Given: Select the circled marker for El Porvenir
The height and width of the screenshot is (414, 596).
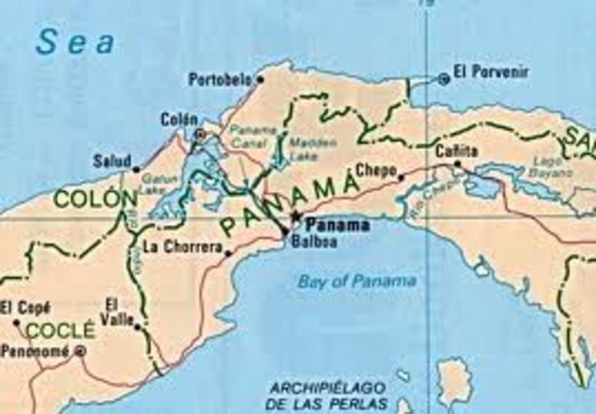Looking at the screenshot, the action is pos(443,79).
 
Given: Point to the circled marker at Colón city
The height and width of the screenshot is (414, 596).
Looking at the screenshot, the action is pos(198,135).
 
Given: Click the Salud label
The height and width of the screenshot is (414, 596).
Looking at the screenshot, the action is pos(112,160).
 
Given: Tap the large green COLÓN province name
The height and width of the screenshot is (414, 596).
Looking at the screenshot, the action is pos(89,198).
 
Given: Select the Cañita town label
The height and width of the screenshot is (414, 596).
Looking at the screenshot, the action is pos(456,151).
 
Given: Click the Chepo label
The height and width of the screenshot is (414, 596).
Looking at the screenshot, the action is pos(374,169).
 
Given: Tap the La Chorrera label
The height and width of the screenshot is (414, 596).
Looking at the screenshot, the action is pos(183,247).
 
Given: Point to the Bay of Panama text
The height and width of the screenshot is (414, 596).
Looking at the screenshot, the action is pos(358,281).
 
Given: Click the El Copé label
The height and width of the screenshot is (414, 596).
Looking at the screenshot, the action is pos(20,307).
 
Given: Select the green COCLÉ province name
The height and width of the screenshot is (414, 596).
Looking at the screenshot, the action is pos(60,330).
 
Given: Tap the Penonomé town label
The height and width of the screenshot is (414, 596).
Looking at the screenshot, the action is pos(35,352).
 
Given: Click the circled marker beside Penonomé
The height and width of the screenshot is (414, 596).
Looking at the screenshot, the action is pos(80,351).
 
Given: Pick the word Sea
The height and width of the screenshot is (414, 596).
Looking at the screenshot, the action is pos(76,42).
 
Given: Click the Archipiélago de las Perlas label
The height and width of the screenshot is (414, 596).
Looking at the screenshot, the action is pos(325,394).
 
